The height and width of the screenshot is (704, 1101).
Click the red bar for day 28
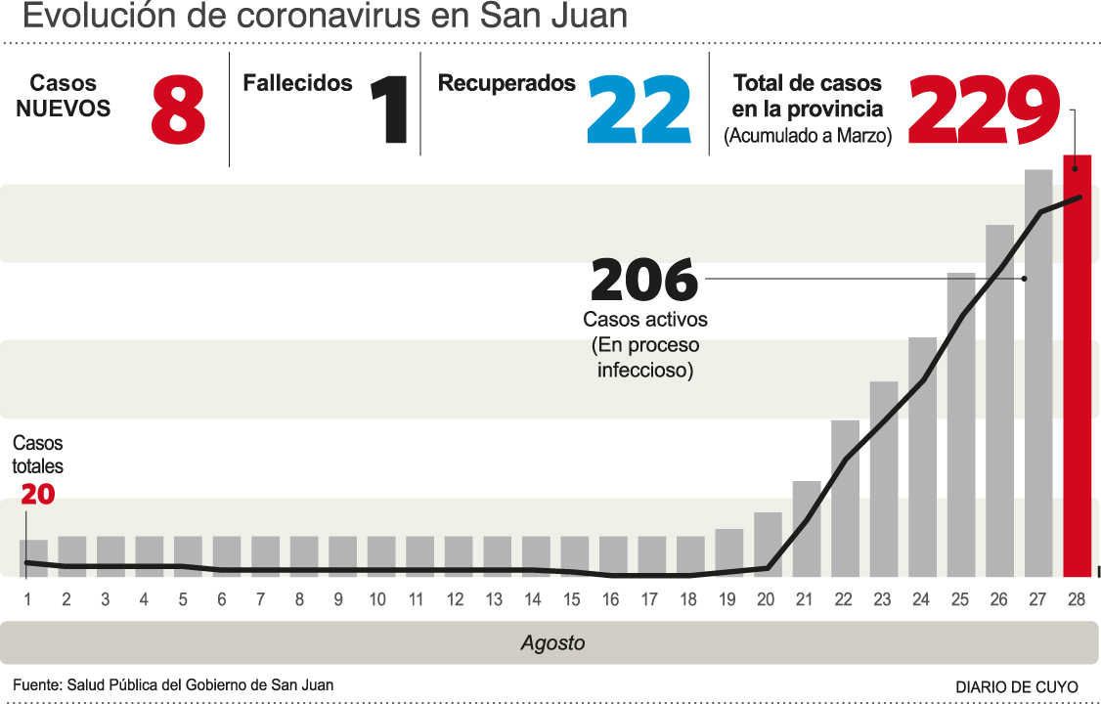pyautogui.click(x=1077, y=367)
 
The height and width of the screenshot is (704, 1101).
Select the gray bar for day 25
pyautogui.click(x=961, y=425)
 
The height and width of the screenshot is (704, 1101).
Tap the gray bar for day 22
pyautogui.click(x=845, y=499)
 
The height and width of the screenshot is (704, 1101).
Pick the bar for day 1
pyautogui.click(x=33, y=557)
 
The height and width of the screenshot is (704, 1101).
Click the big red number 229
pyautogui.click(x=985, y=110)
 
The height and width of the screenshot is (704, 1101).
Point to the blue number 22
pyautogui.click(x=639, y=111)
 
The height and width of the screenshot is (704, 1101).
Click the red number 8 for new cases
pyautogui.click(x=178, y=111)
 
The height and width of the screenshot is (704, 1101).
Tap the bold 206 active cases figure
pyautogui.click(x=644, y=281)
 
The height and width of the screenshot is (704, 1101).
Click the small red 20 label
pyautogui.click(x=37, y=495)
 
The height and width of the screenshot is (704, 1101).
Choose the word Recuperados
pyautogui.click(x=506, y=84)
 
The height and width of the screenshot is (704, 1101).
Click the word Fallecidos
pyautogui.click(x=297, y=84)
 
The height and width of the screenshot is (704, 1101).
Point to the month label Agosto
pyautogui.click(x=552, y=643)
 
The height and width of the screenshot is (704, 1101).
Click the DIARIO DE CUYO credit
pyautogui.click(x=1017, y=686)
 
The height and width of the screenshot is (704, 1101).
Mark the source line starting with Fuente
pyautogui.click(x=173, y=685)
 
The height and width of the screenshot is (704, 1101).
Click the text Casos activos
pyautogui.click(x=644, y=320)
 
